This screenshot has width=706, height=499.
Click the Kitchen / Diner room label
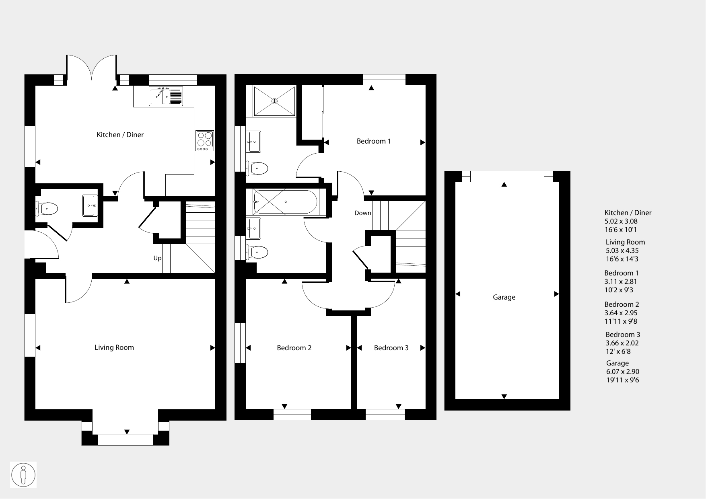[120, 135]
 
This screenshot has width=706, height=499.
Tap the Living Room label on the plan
[114, 347]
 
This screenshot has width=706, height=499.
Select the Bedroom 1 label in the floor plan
[374, 141]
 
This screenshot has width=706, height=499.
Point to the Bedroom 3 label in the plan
[391, 348]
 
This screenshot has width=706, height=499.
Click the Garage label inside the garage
[504, 297]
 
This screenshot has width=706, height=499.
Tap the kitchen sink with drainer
[166, 96]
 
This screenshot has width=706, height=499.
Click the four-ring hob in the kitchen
[205, 141]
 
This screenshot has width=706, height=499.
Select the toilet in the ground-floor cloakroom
[47, 209]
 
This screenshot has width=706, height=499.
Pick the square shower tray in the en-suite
[275, 101]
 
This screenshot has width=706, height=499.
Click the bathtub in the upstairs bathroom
[285, 201]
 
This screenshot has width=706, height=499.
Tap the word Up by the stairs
[157, 258]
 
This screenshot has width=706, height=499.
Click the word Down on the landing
[362, 213]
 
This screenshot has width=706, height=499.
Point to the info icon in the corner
[23, 475]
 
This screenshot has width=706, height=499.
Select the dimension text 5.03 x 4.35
[622, 251]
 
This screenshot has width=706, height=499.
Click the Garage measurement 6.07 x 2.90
[622, 372]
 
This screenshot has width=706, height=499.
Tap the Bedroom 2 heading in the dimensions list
[622, 304]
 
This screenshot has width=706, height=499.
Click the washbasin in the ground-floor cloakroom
[90, 205]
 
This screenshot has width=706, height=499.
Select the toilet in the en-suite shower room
[257, 168]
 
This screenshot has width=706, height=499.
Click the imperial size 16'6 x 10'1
[621, 230]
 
